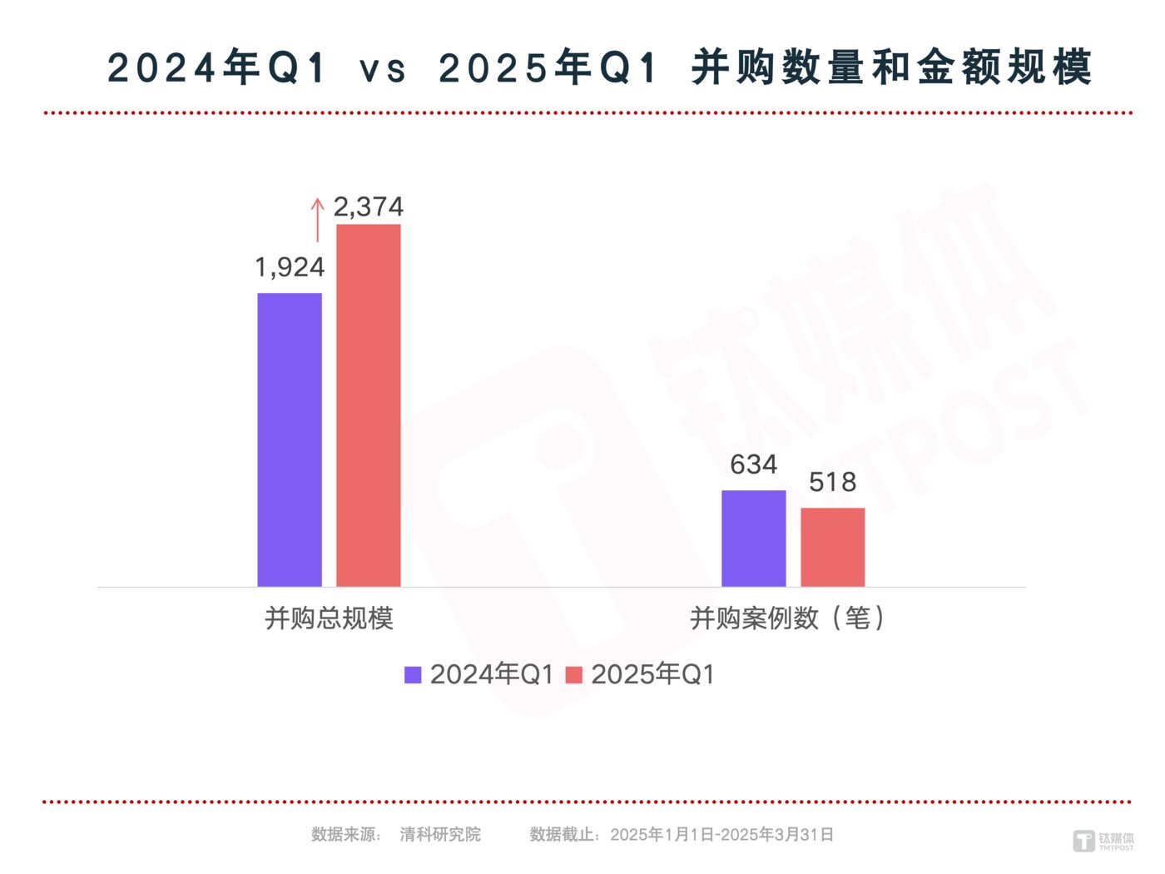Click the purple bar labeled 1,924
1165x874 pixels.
pyautogui.click(x=289, y=439)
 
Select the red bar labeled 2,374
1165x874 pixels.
pyautogui.click(x=368, y=405)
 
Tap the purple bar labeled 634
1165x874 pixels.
pyautogui.click(x=753, y=539)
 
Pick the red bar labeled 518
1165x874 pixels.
pyautogui.click(x=832, y=547)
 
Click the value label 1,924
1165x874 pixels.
pyautogui.click(x=289, y=267)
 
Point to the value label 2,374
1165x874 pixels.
pyautogui.click(x=368, y=206)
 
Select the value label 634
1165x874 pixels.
pyautogui.click(x=753, y=464)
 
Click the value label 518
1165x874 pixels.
pyautogui.click(x=832, y=482)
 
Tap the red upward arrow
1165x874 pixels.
pyautogui.click(x=317, y=219)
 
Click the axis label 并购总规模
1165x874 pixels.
pyautogui.click(x=329, y=618)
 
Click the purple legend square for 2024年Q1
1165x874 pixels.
pyautogui.click(x=413, y=674)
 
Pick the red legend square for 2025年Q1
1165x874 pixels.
pyautogui.click(x=573, y=674)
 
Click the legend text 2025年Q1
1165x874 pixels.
pyautogui.click(x=652, y=674)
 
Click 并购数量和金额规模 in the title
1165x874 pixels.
pyautogui.click(x=891, y=68)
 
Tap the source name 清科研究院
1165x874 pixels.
pyautogui.click(x=440, y=834)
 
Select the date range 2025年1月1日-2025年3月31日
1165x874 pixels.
pyautogui.click(x=721, y=834)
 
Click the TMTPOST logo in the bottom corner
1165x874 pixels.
pyautogui.click(x=1103, y=841)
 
